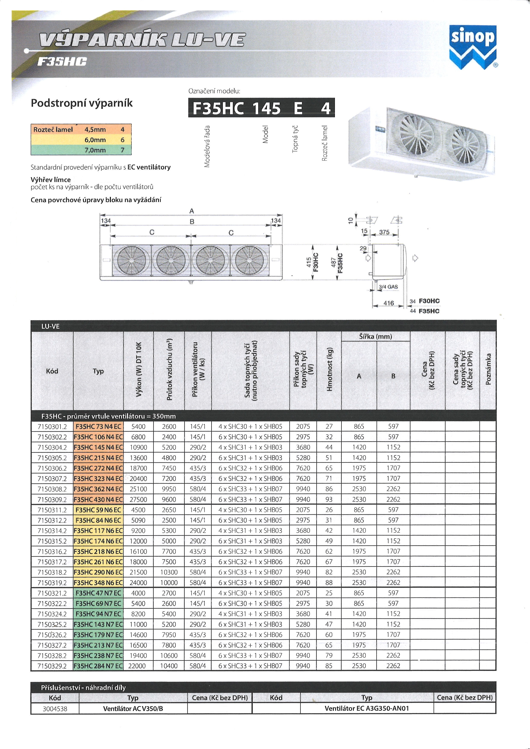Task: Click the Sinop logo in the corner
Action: click(473, 46)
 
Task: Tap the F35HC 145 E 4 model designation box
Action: click(261, 108)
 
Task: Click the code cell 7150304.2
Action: click(52, 447)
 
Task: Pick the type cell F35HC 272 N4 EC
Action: click(98, 468)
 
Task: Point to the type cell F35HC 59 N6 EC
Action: click(98, 510)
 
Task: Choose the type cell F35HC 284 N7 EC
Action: click(98, 666)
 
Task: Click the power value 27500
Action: click(138, 500)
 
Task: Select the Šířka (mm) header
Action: click(375, 337)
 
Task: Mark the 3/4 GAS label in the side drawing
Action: click(388, 287)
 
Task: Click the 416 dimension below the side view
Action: click(388, 303)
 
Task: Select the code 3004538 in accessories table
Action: click(55, 709)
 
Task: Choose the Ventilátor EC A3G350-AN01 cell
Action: click(367, 709)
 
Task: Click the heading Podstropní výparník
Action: click(82, 103)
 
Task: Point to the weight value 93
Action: click(329, 500)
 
